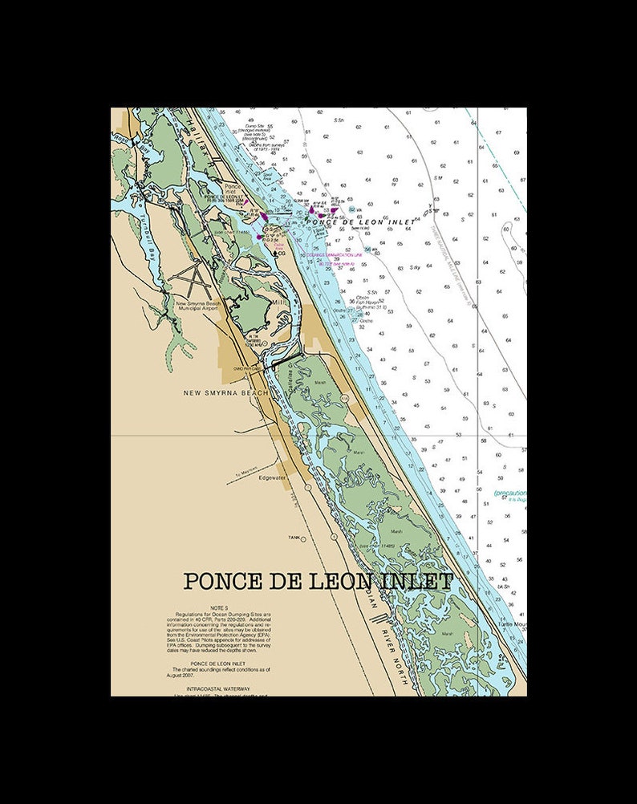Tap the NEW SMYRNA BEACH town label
tap(226, 392)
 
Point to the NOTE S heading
tap(219, 608)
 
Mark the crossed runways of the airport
tap(193, 280)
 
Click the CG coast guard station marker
tap(279, 254)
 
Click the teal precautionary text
tap(510, 493)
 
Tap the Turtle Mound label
tap(512, 623)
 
